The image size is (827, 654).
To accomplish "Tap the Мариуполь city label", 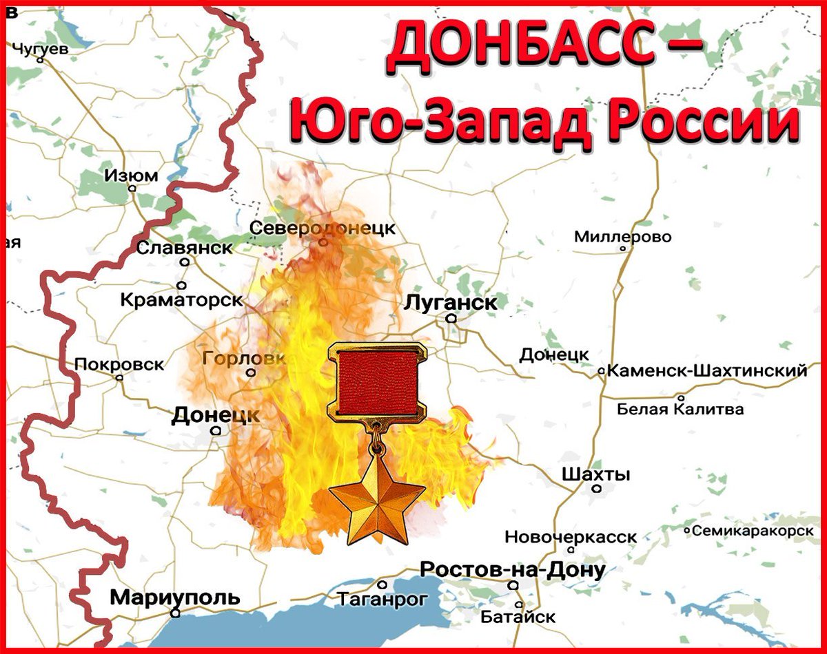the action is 175,597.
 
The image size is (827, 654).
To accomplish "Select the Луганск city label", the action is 451,302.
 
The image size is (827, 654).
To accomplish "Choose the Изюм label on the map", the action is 131,176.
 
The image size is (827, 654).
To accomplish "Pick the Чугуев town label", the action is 41,48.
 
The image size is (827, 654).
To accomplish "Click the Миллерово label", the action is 622,237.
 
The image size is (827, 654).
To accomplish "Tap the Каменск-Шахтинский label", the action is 707,371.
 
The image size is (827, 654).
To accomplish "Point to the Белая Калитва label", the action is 680,409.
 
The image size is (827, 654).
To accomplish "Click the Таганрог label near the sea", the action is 382,600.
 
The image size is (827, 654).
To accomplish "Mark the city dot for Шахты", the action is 597,488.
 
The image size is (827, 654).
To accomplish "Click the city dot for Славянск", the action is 185,262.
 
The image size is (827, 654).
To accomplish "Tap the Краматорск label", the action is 181,300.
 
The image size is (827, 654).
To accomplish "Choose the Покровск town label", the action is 119,364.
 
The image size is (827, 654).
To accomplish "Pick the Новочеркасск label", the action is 571,536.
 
